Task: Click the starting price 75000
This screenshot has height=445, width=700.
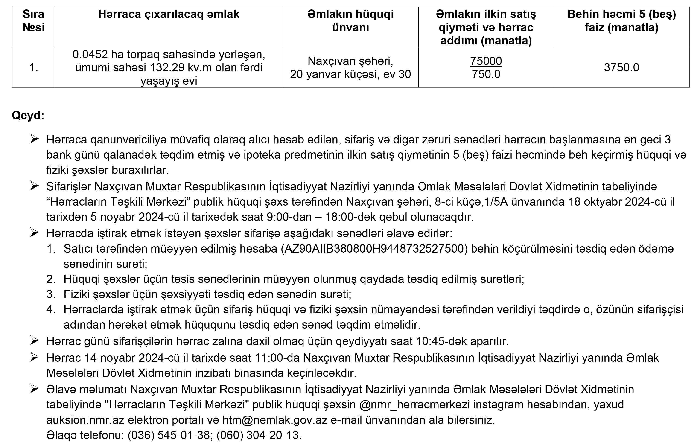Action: pos(486,61)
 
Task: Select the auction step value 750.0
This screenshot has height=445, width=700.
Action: pos(486,74)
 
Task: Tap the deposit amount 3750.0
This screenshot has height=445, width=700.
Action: pos(621,67)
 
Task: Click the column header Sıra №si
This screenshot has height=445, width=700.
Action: pos(33,21)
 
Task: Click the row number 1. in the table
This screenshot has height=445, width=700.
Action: pos(33,67)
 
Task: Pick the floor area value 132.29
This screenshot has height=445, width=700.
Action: pos(166,67)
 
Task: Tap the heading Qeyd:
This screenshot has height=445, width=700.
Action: pos(28,115)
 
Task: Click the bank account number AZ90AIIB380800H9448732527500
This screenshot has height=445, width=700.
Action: pos(374,249)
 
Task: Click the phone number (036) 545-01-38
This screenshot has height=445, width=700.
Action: pos(170,435)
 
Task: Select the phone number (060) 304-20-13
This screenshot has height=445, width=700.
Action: pos(259,435)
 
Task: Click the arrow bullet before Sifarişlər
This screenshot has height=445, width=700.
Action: pos(34,186)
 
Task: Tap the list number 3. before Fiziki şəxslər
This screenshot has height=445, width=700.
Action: pos(51,294)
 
